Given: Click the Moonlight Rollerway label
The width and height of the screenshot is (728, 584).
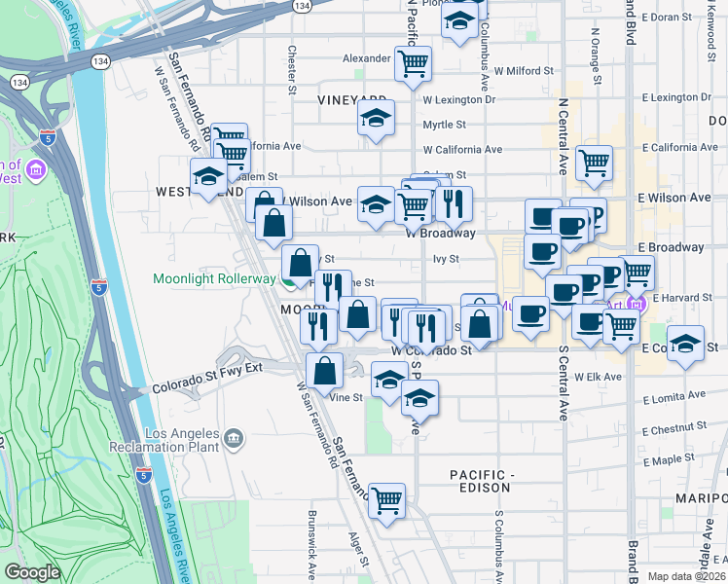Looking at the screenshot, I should pyautogui.click(x=214, y=278).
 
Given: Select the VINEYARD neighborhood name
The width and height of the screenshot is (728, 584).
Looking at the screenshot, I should pyautogui.click(x=351, y=99).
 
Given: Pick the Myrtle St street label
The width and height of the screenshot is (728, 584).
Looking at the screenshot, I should pyautogui.click(x=444, y=125).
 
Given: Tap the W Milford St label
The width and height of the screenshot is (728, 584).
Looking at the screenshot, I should pyautogui.click(x=523, y=71).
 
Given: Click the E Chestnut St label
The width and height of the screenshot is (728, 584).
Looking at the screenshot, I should pyautogui.click(x=679, y=428).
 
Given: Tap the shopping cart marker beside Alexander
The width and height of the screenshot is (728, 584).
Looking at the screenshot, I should pyautogui.click(x=414, y=64).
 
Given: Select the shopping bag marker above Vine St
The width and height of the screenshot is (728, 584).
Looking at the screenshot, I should pyautogui.click(x=324, y=370).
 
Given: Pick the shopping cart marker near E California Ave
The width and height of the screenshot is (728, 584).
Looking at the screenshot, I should pyautogui.click(x=593, y=164).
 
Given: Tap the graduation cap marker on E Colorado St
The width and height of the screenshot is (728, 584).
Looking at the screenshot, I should pyautogui.click(x=686, y=345).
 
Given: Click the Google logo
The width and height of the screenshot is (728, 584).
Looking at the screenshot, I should pyautogui.click(x=32, y=572).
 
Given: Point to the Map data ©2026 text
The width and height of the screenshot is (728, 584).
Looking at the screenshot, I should pyautogui.click(x=686, y=576).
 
